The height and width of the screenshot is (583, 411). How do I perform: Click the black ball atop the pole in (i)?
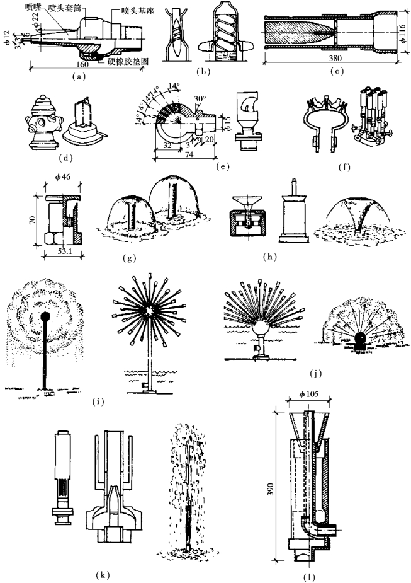[45, 316]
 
